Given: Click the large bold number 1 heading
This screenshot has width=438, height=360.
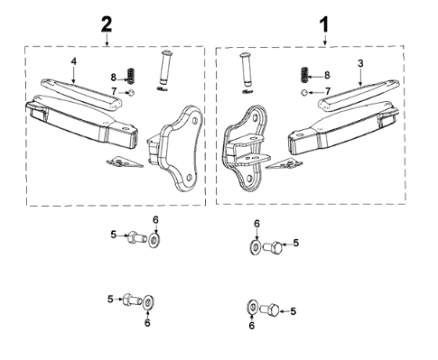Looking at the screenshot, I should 324,19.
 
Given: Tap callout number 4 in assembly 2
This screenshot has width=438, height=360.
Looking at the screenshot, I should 76,60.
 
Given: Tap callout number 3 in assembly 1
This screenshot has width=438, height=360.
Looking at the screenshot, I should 359,63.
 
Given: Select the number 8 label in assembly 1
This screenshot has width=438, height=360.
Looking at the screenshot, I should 326,76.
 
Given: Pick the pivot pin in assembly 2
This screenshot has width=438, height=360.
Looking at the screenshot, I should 165,71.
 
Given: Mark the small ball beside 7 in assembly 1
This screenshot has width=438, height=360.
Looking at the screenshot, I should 304,92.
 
